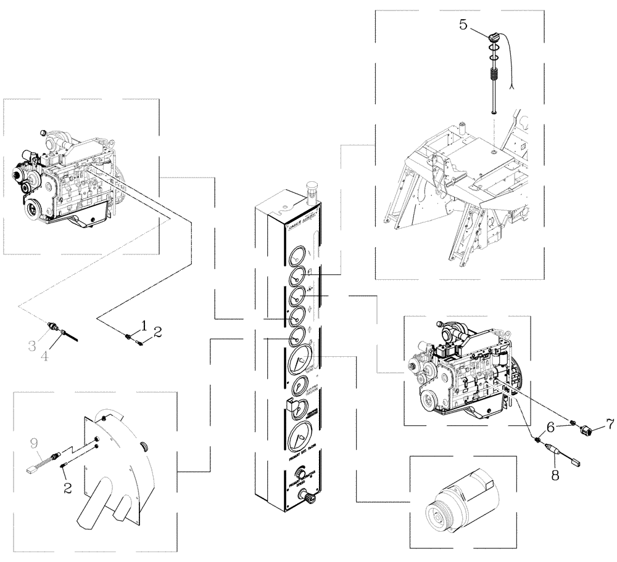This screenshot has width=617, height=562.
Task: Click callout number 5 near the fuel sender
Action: [x=464, y=25]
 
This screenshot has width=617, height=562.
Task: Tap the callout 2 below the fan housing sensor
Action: [x=67, y=488]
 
